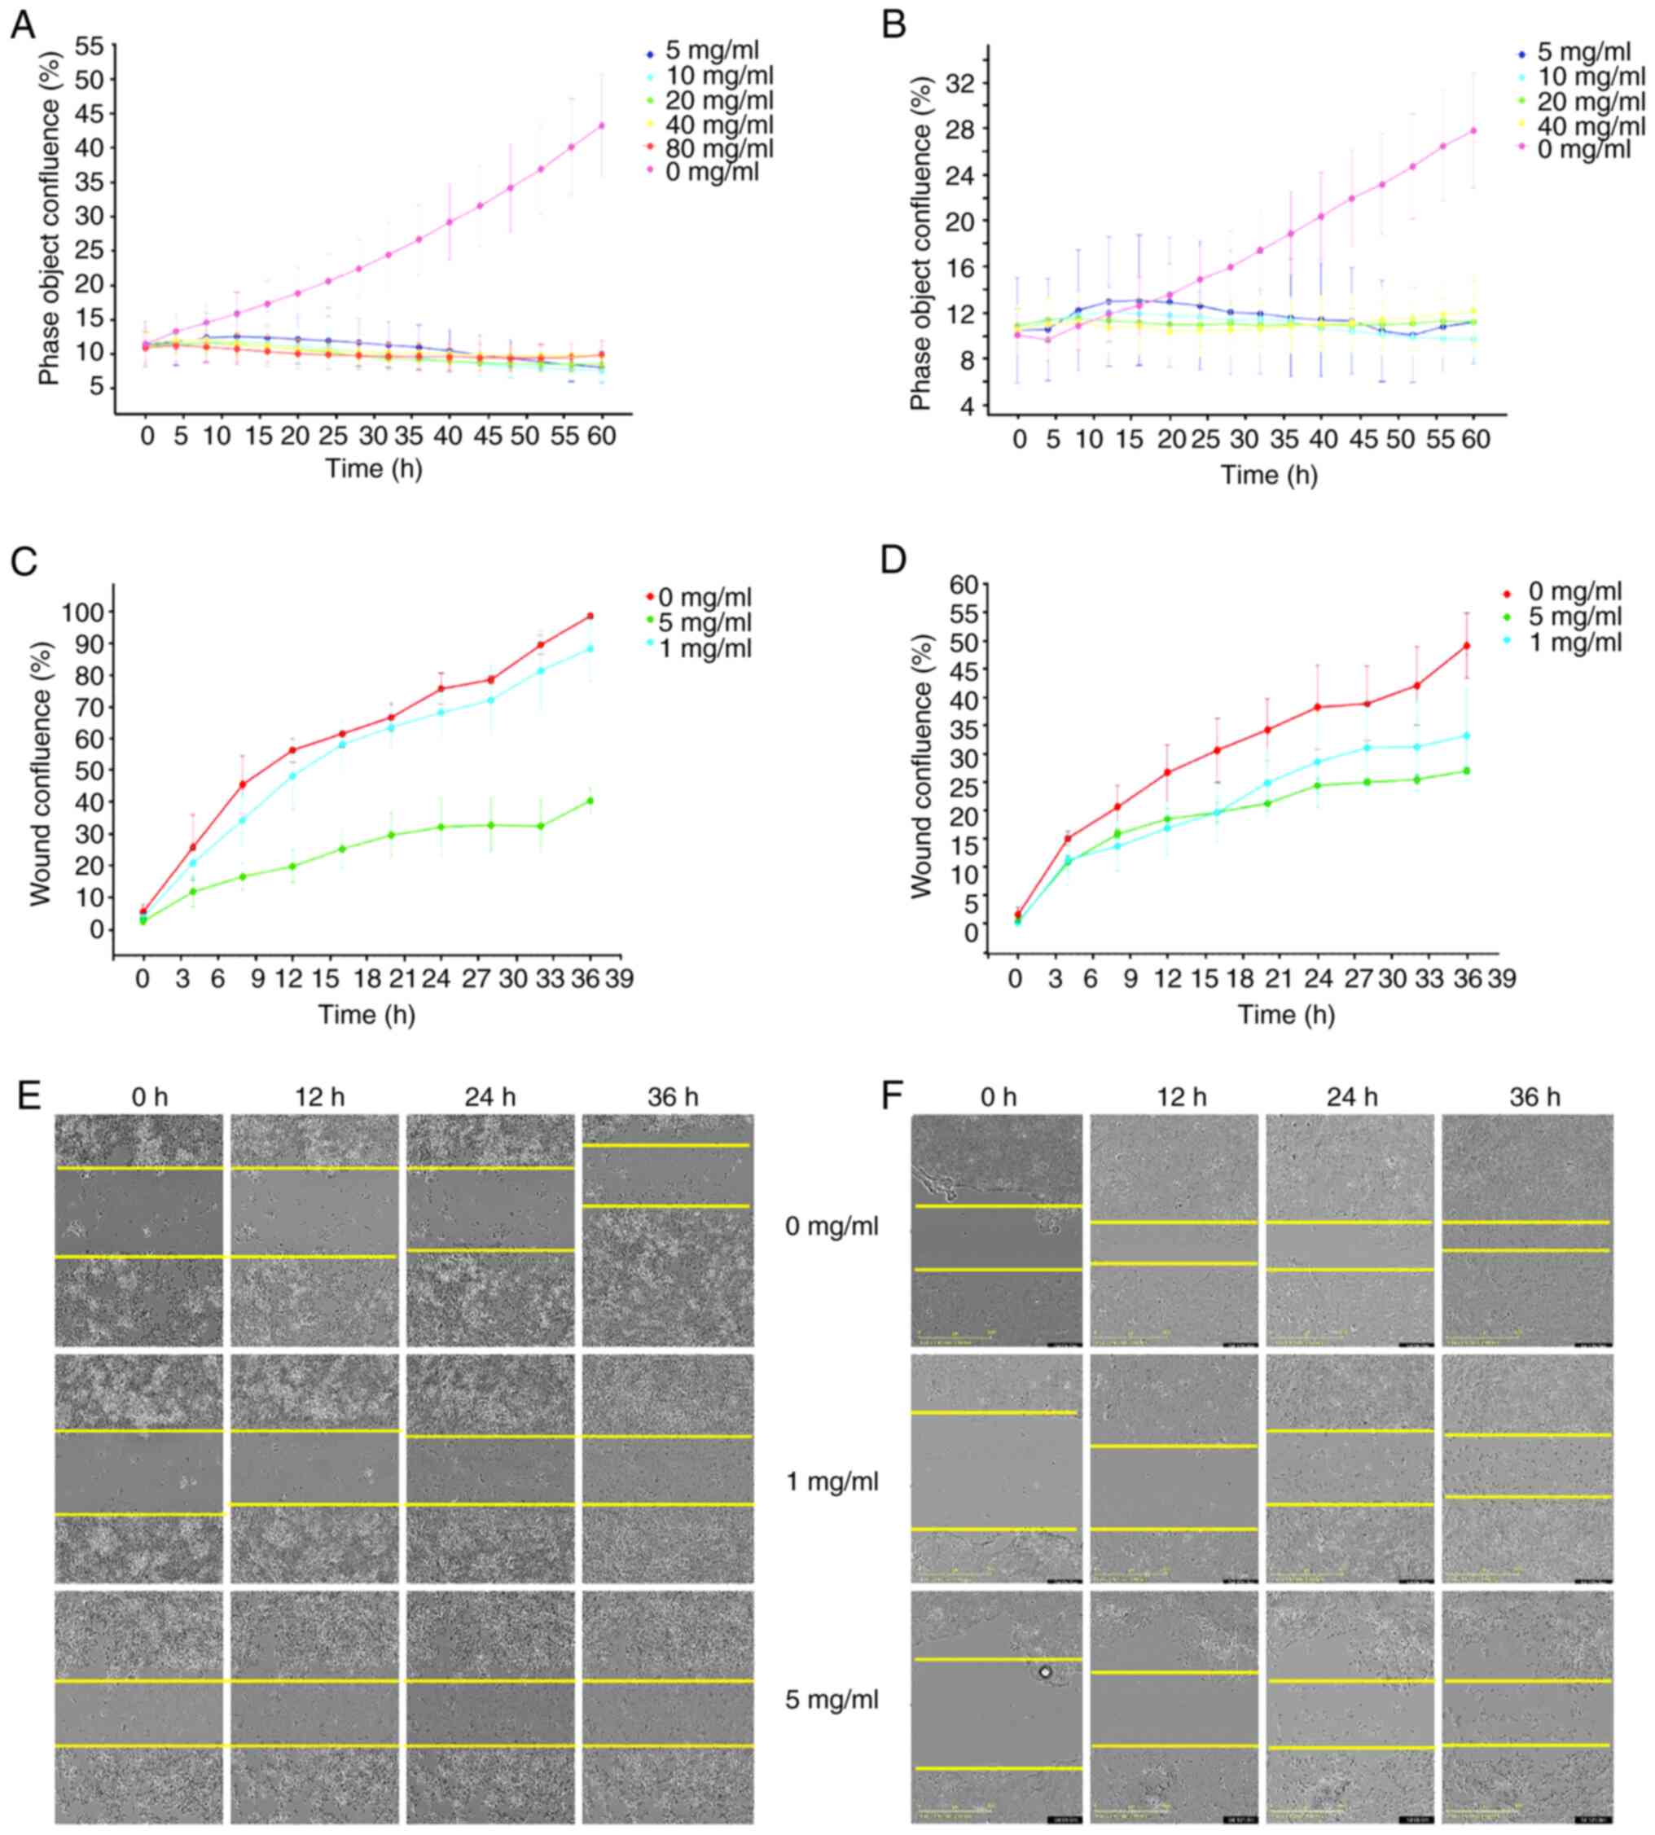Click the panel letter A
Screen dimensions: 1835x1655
[x=23, y=25]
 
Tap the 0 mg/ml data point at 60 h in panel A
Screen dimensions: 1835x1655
[x=602, y=125]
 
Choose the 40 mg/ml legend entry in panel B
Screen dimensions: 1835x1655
[x=1591, y=125]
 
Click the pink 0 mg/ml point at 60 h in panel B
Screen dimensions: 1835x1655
[x=1473, y=131]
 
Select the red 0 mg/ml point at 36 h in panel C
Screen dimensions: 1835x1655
[x=590, y=617]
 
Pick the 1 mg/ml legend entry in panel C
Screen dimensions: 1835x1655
[x=705, y=649]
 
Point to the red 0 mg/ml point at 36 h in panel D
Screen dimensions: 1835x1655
[x=1466, y=647]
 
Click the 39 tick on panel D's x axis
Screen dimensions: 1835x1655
[x=1501, y=979]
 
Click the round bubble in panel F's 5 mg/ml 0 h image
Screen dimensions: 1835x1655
[x=1045, y=1671]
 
